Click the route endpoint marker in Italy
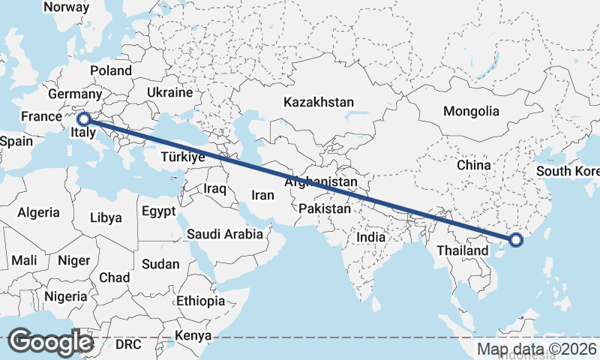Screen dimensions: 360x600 [84, 118]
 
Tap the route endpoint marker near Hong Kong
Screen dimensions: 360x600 [516, 240]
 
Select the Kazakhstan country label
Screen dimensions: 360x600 [318, 101]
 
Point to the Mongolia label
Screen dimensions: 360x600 [471, 112]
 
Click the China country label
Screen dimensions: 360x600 [473, 165]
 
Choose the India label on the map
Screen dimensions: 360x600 [370, 237]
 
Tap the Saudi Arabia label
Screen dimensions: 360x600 [225, 233]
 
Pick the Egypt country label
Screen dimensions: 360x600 [158, 210]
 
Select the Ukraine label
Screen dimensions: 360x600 [169, 92]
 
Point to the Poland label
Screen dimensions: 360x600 [111, 70]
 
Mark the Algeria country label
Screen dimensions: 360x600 [38, 212]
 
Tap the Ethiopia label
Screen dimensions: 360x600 [200, 301]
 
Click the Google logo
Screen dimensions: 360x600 [50, 342]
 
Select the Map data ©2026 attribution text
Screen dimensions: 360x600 [537, 349]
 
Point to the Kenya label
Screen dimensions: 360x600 [193, 335]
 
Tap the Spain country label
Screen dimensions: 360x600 [16, 141]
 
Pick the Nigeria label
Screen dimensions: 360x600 [65, 295]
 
